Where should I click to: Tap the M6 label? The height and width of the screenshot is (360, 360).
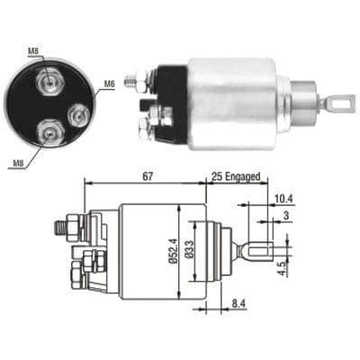coord(108,85)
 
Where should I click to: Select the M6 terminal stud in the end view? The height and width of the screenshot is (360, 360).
coord(79,113)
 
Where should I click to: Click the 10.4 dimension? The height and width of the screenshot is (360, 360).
coord(282,197)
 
